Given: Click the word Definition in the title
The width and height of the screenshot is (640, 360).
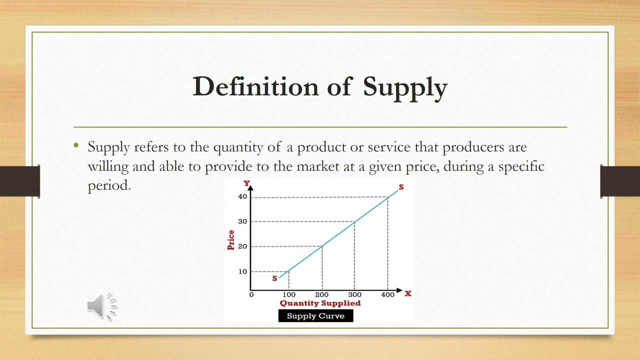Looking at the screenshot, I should pyautogui.click(x=255, y=86).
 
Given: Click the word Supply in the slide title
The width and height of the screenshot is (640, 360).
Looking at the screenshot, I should pyautogui.click(x=405, y=87).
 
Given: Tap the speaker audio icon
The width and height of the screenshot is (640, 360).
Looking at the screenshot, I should pyautogui.click(x=101, y=305).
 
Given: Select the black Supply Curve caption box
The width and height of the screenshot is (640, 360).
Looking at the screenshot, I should pyautogui.click(x=315, y=316).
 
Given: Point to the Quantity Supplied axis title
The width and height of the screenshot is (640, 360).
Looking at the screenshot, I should pyautogui.click(x=320, y=303).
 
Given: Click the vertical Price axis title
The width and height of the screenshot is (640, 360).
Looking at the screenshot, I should pyautogui.click(x=231, y=240).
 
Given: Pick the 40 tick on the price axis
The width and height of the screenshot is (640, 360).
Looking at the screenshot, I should pyautogui.click(x=242, y=196).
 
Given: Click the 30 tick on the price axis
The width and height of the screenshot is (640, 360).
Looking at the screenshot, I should pyautogui.click(x=242, y=221).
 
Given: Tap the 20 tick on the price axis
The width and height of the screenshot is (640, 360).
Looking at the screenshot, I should pyautogui.click(x=242, y=246).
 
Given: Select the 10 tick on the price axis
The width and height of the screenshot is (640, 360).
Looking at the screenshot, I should pyautogui.click(x=242, y=271).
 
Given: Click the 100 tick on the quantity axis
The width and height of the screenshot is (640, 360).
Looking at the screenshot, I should pyautogui.click(x=289, y=294).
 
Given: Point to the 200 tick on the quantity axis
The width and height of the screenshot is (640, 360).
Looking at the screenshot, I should pyautogui.click(x=322, y=294).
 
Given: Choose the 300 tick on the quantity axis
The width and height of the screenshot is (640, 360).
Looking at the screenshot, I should pyautogui.click(x=354, y=294).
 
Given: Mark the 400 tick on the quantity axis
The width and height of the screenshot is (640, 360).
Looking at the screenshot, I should pyautogui.click(x=387, y=294).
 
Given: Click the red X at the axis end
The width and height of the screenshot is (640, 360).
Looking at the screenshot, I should pyautogui.click(x=408, y=293).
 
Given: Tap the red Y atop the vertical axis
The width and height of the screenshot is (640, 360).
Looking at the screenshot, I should pyautogui.click(x=246, y=184).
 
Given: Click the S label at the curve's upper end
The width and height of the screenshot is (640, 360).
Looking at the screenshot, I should pyautogui.click(x=401, y=187).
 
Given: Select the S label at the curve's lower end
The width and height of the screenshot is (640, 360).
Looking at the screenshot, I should pyautogui.click(x=274, y=278).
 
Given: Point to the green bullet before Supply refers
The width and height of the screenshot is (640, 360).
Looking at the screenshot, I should pyautogui.click(x=76, y=146).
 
